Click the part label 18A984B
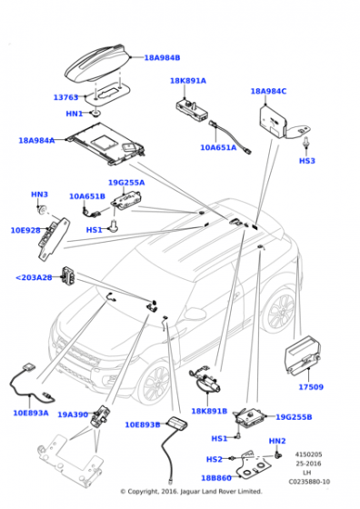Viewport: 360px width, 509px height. [x=162, y=58]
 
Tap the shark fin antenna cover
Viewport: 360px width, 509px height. [x=97, y=64]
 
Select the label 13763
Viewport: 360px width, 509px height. [x=65, y=97]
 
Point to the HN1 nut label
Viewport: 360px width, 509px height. [x=75, y=114]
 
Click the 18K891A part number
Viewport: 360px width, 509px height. [x=188, y=81]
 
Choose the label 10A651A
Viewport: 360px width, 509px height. [x=218, y=147]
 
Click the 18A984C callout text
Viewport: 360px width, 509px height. [x=268, y=91]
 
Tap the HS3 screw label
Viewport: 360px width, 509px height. [x=307, y=161]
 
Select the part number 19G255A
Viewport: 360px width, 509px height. [x=126, y=183]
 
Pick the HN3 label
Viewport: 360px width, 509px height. [x=40, y=195]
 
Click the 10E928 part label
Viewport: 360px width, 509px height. [x=25, y=230]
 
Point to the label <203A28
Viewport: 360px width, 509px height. [x=34, y=277]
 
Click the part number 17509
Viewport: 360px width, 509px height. [x=311, y=387]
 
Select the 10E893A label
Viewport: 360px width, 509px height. [x=31, y=413]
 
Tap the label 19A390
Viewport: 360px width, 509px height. [x=73, y=414]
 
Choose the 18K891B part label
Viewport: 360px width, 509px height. [x=209, y=411]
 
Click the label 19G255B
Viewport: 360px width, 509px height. [x=294, y=417]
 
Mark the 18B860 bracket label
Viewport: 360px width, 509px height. [x=216, y=478]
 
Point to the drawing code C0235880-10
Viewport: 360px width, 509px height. [x=309, y=482]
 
